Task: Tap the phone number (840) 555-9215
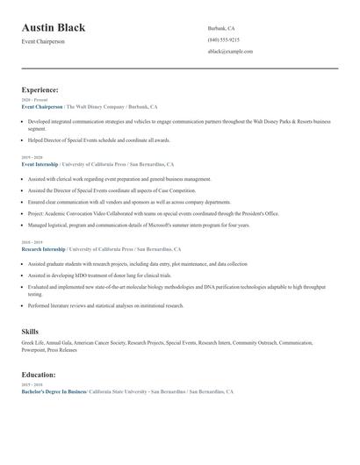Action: (x=224, y=39)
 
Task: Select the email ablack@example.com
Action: (x=230, y=51)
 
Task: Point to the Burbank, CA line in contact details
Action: (x=221, y=28)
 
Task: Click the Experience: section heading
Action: (x=40, y=89)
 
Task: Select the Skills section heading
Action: (x=30, y=331)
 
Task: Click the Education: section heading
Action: (x=40, y=374)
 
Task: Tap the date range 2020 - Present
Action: (x=33, y=100)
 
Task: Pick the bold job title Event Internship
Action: (x=40, y=164)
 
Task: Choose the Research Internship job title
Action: (x=43, y=249)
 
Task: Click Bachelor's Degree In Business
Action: (x=54, y=391)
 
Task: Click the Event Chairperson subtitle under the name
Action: (x=43, y=41)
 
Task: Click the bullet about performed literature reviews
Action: (x=106, y=305)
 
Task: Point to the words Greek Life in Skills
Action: (x=33, y=342)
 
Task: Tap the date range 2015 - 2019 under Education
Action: (x=31, y=385)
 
